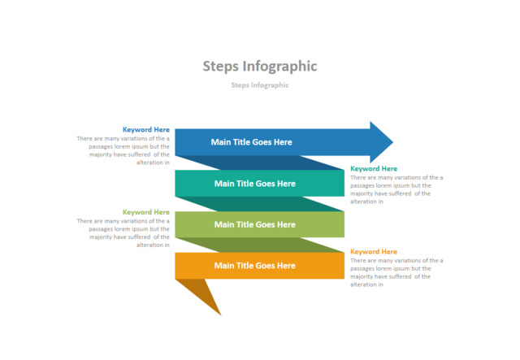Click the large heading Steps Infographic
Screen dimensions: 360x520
click(x=259, y=66)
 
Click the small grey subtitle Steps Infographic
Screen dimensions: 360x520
click(x=259, y=85)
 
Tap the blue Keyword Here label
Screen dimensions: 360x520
click(x=146, y=129)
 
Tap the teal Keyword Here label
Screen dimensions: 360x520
click(x=374, y=168)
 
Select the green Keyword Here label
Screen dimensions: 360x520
click(x=146, y=212)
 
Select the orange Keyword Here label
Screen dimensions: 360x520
click(x=374, y=251)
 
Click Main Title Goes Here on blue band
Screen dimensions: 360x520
click(x=251, y=142)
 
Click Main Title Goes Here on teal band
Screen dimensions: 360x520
click(x=254, y=184)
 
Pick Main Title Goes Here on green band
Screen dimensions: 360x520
click(x=254, y=224)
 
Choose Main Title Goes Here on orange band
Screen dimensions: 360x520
click(x=254, y=266)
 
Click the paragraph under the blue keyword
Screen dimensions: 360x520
click(x=123, y=150)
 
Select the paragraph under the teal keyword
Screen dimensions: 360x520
click(x=396, y=189)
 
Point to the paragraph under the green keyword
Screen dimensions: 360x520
click(x=123, y=232)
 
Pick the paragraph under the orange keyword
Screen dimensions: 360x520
click(x=396, y=272)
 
